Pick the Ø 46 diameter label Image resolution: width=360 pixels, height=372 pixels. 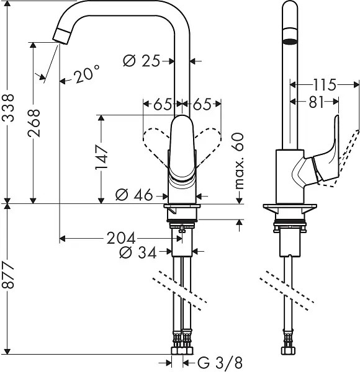click(x=135, y=195)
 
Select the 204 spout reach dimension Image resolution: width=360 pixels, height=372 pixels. click(x=122, y=237)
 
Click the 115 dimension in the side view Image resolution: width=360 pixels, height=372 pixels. click(x=323, y=84)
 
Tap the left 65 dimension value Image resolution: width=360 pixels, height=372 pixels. click(x=162, y=104)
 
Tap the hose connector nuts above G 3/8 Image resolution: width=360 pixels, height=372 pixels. click(x=183, y=340)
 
